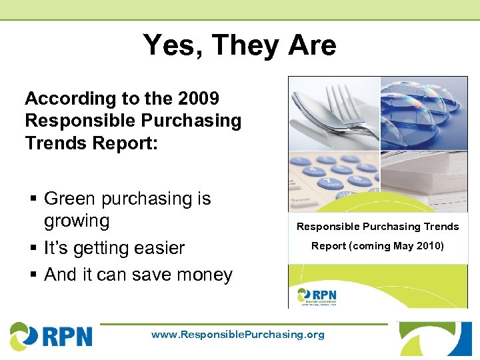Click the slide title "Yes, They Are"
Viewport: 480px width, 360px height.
click(239, 46)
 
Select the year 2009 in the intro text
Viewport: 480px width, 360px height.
click(199, 99)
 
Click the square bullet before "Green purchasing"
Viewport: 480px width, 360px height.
click(33, 199)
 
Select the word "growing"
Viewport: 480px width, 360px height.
click(76, 221)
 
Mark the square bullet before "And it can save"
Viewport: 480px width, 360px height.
click(33, 275)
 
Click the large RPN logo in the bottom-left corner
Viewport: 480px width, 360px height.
click(51, 335)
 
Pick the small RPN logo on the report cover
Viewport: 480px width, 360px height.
click(317, 296)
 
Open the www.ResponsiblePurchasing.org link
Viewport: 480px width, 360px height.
click(238, 335)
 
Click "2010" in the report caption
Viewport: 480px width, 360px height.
click(429, 246)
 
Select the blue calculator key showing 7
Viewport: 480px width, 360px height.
click(327, 181)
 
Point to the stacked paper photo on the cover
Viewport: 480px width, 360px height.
click(423, 180)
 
